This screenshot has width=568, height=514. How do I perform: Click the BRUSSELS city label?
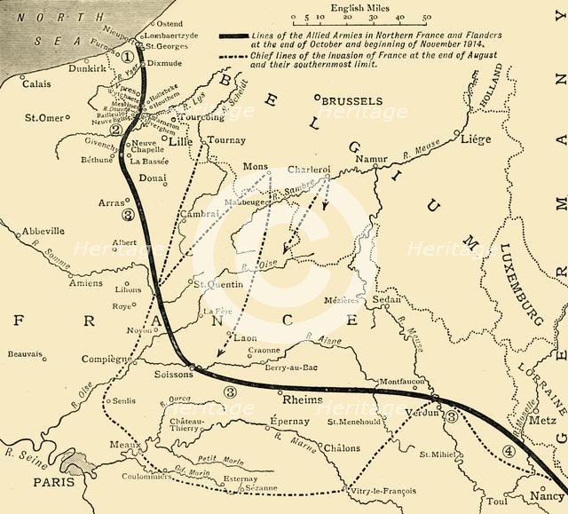pos(352,101)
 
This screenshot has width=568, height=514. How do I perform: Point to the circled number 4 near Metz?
pos(508,450)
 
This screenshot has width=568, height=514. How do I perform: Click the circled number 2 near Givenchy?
pos(114,130)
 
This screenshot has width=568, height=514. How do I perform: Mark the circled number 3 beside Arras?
pos(129,215)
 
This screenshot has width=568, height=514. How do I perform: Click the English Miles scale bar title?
pos(359,6)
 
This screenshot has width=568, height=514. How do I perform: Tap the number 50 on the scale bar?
pos(427,16)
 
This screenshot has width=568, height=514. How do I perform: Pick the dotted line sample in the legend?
pos(243,54)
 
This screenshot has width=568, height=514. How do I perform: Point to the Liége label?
pos(474,139)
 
